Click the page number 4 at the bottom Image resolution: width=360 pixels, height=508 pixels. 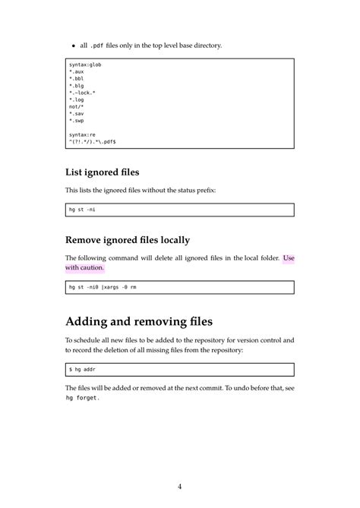179,486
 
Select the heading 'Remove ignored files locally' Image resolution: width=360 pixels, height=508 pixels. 127,240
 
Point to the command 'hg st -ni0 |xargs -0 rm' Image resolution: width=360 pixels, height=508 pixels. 103,287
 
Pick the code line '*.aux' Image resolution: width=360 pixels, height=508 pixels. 76,71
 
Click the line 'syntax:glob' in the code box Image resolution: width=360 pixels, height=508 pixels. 84,65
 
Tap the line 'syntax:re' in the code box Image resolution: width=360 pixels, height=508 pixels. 81,134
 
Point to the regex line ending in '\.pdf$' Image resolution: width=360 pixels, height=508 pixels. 92,141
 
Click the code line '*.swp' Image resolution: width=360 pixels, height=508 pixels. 76,120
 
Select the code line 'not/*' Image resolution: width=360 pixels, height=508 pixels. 76,106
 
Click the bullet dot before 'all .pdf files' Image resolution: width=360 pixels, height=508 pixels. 73,46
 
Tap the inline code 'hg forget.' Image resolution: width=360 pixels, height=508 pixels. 82,397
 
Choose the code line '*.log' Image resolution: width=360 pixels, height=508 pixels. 76,99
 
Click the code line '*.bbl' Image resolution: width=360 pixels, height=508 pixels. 76,78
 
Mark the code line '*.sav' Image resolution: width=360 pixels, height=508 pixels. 76,113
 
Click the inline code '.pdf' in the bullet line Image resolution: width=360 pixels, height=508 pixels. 97,46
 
